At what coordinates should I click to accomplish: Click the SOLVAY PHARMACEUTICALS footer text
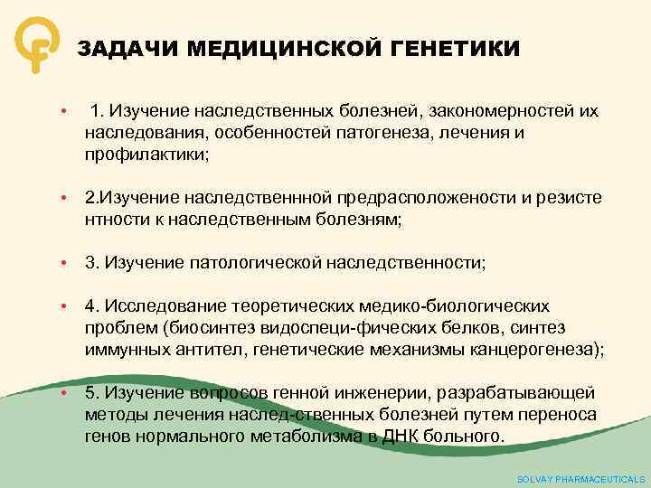[x=580, y=479]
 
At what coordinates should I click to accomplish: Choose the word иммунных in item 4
[x=123, y=349]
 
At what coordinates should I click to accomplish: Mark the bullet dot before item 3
[x=65, y=263]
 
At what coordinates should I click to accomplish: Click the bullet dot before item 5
[x=65, y=394]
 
